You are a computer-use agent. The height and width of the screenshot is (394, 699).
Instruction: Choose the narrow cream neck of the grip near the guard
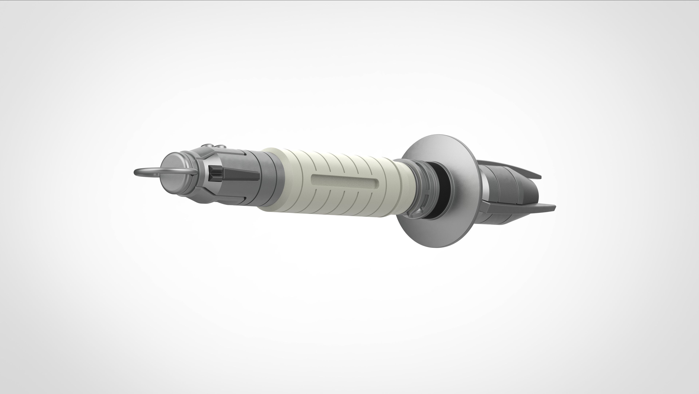point(404,187)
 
